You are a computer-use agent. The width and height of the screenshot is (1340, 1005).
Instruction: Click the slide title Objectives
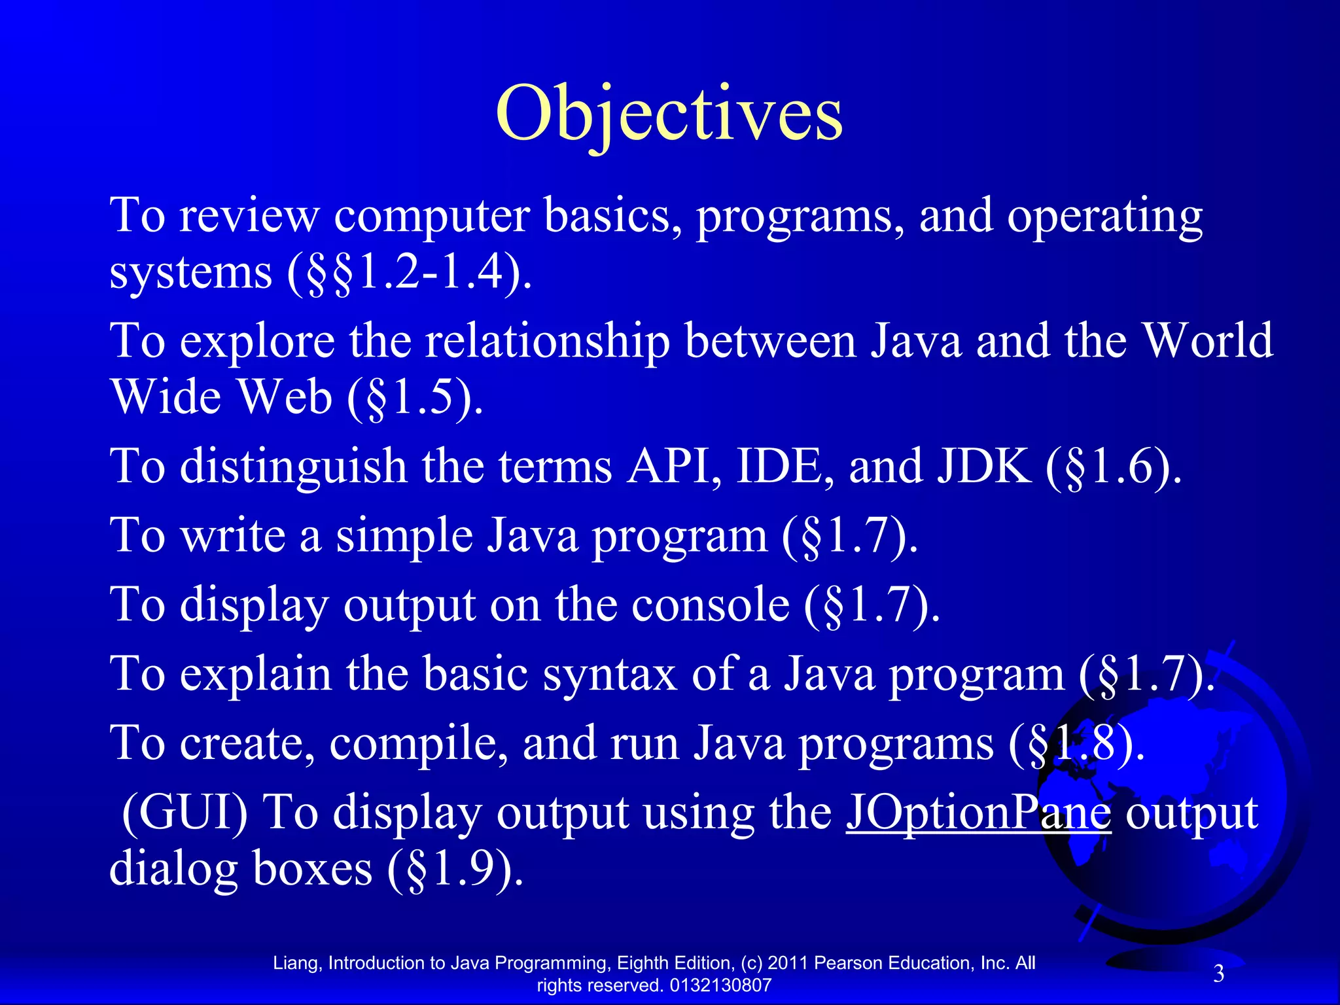pyautogui.click(x=669, y=115)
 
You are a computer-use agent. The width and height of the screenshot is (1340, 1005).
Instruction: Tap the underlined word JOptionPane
pyautogui.click(x=978, y=813)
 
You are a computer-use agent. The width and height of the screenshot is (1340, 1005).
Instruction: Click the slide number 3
pyautogui.click(x=1218, y=974)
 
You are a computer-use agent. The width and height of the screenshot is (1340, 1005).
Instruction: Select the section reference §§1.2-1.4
pyautogui.click(x=409, y=272)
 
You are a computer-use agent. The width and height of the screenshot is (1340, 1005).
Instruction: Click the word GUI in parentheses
pyautogui.click(x=185, y=813)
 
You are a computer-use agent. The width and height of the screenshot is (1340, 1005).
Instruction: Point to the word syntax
pyautogui.click(x=609, y=674)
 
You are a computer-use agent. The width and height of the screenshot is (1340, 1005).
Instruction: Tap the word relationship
pyautogui.click(x=547, y=342)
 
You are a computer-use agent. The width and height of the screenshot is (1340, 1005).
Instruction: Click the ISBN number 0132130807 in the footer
pyautogui.click(x=720, y=985)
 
